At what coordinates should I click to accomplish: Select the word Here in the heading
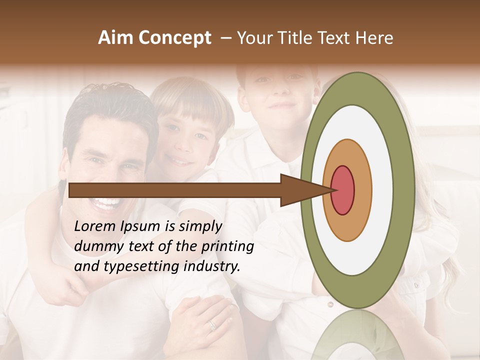point(374,38)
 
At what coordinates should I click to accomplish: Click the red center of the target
point(343,190)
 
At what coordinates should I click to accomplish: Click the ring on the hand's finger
point(212,325)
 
